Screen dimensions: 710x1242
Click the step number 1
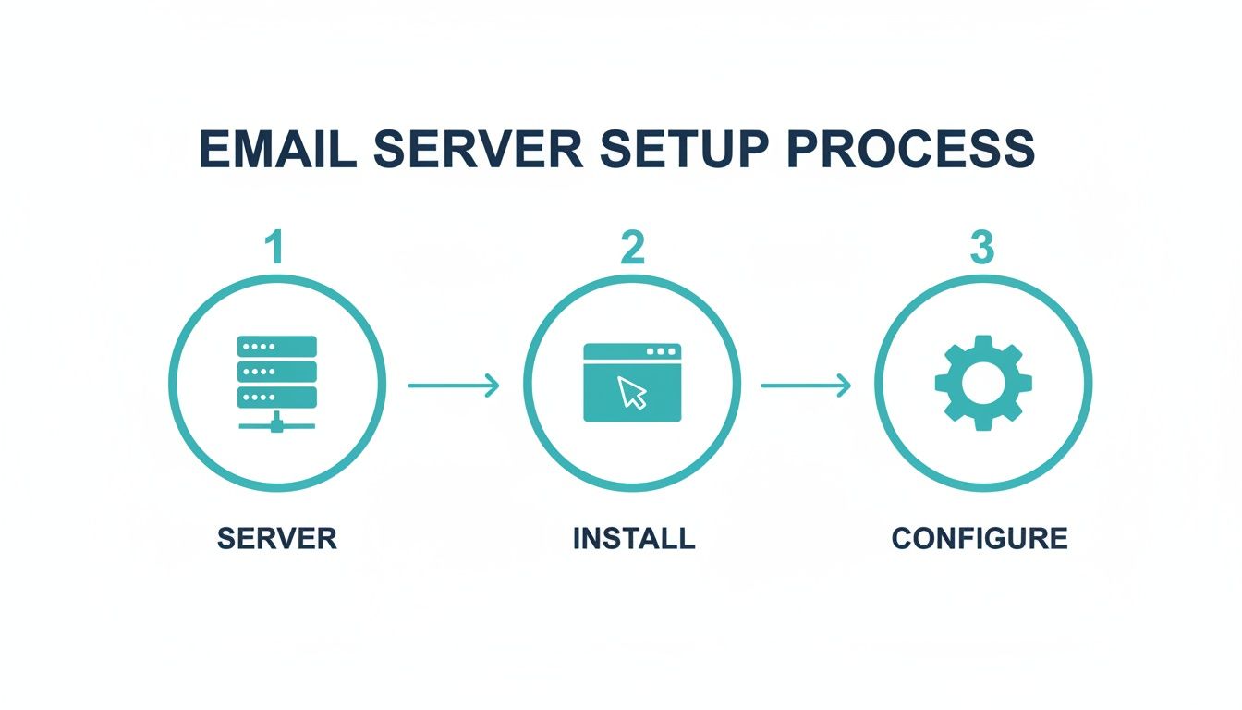(x=274, y=248)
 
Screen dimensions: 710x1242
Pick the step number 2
(x=631, y=248)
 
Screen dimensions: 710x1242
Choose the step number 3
(x=981, y=248)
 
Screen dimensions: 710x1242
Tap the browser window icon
(x=632, y=383)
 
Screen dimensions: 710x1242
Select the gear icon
(x=983, y=382)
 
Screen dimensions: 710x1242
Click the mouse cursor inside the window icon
(x=633, y=392)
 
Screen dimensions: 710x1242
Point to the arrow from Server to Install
(x=453, y=385)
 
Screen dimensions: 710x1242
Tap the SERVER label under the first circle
(x=277, y=538)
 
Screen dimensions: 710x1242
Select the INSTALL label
(x=634, y=538)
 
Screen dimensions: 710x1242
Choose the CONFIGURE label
(x=980, y=538)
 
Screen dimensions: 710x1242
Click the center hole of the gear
(x=983, y=382)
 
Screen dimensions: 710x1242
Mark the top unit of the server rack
(x=277, y=347)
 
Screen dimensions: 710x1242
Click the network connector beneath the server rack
(x=277, y=423)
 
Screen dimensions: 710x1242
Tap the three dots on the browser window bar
(x=661, y=352)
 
